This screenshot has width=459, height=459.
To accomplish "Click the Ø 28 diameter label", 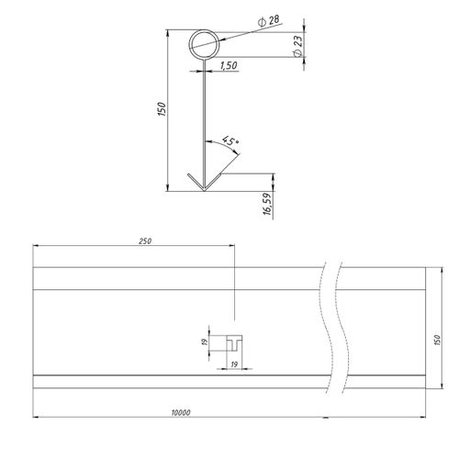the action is (269, 21).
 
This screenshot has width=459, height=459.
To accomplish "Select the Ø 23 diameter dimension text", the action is (297, 45).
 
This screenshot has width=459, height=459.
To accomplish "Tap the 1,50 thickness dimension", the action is (229, 65).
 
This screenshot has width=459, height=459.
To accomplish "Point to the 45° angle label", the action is (229, 140).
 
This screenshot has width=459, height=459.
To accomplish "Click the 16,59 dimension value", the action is (268, 204).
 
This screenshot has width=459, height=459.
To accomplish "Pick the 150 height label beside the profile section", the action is (162, 109).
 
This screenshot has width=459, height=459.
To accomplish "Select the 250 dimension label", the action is (145, 241).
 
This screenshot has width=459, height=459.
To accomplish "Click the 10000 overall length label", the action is (181, 413).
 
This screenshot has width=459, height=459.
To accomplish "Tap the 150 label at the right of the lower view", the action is (437, 340).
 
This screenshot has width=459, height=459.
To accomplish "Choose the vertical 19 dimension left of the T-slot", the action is (206, 341).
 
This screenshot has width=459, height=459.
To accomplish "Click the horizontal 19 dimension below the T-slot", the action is (234, 364).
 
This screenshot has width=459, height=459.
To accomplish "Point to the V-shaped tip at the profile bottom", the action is (204, 190).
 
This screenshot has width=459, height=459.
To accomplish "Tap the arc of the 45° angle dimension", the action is (224, 144).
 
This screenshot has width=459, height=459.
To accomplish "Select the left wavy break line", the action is (324, 328).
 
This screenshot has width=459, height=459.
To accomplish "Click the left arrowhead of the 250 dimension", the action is (36, 245).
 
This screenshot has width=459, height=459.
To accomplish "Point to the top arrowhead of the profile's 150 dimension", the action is (167, 33).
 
